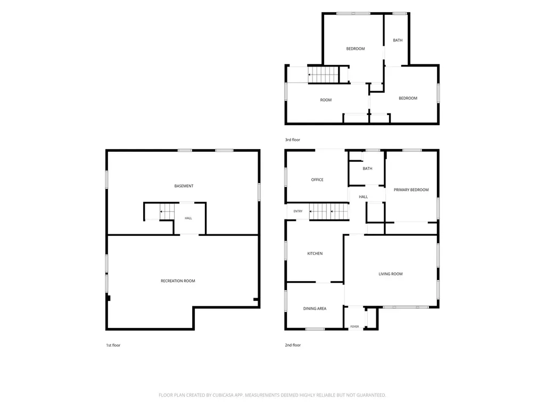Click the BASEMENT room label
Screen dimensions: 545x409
point(184,186)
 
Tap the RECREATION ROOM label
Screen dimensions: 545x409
point(178,281)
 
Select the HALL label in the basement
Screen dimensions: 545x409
point(188,218)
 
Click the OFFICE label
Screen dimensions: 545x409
point(317,180)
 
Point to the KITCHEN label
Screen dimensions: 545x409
point(315,253)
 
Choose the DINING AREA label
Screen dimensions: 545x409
point(315,308)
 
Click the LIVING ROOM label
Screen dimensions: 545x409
point(391,274)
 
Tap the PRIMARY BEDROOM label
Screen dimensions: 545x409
point(411,190)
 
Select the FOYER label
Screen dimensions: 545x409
point(354,326)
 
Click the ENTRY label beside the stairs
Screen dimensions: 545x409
point(298,211)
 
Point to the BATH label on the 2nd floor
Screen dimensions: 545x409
point(367,169)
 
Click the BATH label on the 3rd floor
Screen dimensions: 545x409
point(398,40)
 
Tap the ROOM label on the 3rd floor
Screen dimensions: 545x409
point(326,100)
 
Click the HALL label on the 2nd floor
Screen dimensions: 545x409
point(364,197)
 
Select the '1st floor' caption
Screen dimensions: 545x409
point(113,345)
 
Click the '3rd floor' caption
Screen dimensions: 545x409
point(293,140)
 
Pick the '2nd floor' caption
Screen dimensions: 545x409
point(293,345)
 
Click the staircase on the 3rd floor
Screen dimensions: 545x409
point(323,75)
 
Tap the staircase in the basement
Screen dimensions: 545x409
point(167,211)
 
